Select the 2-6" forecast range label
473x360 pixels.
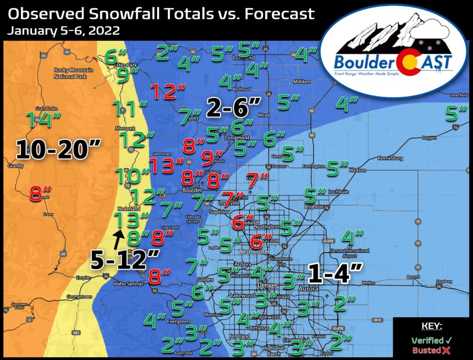pyautogui.click(x=234, y=107)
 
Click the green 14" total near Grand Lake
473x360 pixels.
pyautogui.click(x=43, y=120)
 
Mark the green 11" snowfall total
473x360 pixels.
pyautogui.click(x=129, y=110)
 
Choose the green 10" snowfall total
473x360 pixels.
pyautogui.click(x=132, y=176)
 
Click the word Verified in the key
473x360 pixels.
pyautogui.click(x=427, y=340)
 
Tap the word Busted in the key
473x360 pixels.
pyautogui.click(x=427, y=350)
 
